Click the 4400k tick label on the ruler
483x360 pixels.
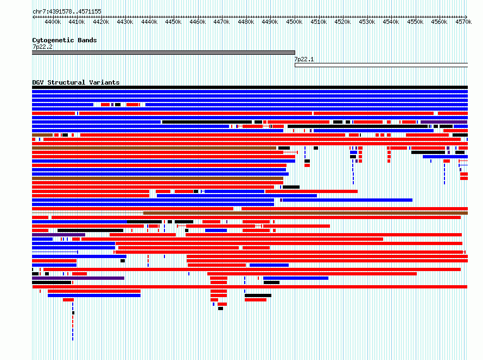click(x=53, y=22)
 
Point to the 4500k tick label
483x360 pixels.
click(x=294, y=22)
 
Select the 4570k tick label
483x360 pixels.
click(x=463, y=22)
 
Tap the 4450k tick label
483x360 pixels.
click(x=173, y=22)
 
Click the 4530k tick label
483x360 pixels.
click(x=367, y=22)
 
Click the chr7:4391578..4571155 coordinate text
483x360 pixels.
click(x=67, y=12)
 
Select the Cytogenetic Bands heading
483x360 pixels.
click(x=65, y=40)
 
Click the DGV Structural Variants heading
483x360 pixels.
click(x=76, y=82)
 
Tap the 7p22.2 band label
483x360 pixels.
click(x=42, y=47)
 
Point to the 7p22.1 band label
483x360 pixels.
click(x=304, y=60)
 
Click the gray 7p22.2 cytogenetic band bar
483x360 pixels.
click(x=163, y=53)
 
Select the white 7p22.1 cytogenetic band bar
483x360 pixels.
click(x=381, y=65)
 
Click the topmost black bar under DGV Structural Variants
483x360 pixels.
click(x=250, y=87)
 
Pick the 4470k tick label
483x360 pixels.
click(x=221, y=22)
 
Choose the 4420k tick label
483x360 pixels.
click(x=101, y=22)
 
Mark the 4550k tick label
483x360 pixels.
click(x=415, y=22)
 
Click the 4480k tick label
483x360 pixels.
click(x=246, y=22)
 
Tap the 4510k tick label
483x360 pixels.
click(x=319, y=22)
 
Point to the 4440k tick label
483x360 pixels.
click(x=149, y=22)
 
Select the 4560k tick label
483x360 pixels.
click(x=439, y=22)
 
